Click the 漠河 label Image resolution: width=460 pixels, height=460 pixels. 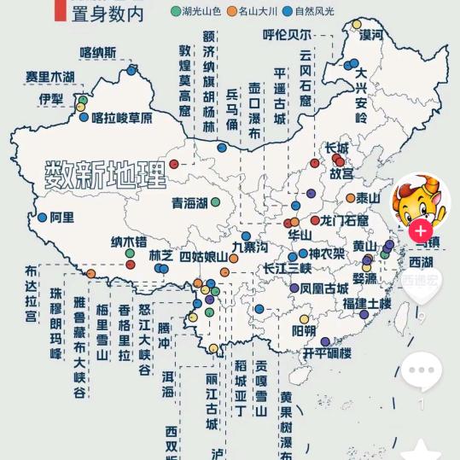click(x=371, y=35)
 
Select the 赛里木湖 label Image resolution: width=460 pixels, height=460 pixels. click(x=49, y=78)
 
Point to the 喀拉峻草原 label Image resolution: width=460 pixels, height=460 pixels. click(x=122, y=118)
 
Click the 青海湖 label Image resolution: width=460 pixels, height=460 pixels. click(x=189, y=203)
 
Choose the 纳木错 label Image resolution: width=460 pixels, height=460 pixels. click(x=129, y=242)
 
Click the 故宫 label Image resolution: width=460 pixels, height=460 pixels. click(x=341, y=172)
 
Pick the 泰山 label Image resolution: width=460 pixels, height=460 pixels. click(x=368, y=198)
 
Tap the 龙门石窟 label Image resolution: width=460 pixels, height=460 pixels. click(x=344, y=220)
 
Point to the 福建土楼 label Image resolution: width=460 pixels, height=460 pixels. click(x=367, y=303)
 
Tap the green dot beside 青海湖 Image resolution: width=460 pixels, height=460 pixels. click(x=216, y=202)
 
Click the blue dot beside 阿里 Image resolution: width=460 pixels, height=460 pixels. click(x=41, y=218)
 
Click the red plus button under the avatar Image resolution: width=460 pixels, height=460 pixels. click(x=420, y=230)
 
